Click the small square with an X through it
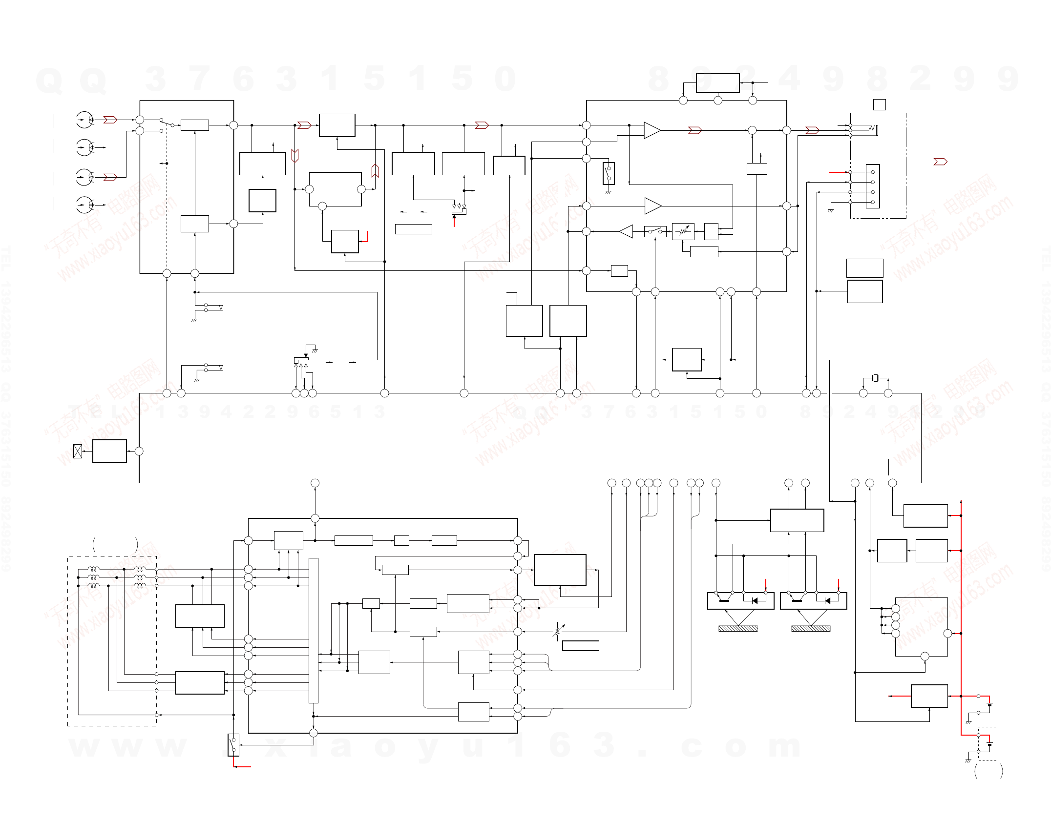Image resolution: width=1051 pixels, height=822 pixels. click(77, 451)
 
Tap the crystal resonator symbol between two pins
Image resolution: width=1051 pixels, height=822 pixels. click(876, 378)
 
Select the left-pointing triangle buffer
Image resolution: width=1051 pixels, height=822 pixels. click(626, 231)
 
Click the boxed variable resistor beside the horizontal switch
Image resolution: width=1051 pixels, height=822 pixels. click(683, 231)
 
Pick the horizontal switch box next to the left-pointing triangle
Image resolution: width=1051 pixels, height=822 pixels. click(655, 231)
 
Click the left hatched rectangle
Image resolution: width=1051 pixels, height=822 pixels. click(738, 629)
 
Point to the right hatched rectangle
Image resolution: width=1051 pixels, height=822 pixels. click(811, 629)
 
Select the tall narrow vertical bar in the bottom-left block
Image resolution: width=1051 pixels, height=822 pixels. click(314, 630)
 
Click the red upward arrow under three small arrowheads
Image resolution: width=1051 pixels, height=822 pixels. click(454, 221)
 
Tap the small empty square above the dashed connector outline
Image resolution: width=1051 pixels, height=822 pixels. click(879, 104)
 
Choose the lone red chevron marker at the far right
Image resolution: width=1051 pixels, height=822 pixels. click(940, 162)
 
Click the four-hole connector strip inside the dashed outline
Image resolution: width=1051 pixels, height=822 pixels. click(873, 186)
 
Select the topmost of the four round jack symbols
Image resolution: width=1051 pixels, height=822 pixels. click(84, 120)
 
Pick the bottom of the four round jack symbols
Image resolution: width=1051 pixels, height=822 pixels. click(84, 205)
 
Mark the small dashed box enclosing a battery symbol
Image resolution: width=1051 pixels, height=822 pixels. click(988, 743)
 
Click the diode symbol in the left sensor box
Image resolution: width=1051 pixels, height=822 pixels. click(755, 601)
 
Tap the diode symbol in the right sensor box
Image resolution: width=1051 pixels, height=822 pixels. click(827, 601)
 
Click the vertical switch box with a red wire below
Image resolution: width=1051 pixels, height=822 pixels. click(233, 745)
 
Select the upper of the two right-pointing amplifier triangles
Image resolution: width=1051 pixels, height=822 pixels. click(652, 130)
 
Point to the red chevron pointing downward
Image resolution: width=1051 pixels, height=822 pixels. click(294, 155)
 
